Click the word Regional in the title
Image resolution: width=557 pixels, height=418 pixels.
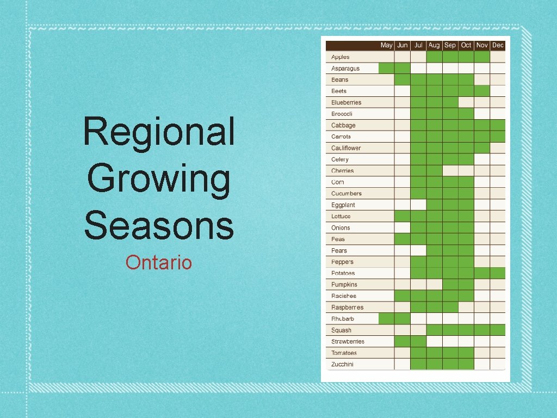click(x=159, y=132)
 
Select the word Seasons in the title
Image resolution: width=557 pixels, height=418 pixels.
click(x=159, y=225)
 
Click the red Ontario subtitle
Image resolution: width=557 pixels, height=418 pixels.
click(x=159, y=263)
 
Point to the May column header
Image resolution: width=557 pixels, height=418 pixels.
click(x=386, y=45)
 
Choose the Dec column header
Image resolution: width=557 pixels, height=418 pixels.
click(x=498, y=45)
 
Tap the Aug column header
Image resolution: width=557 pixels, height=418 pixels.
click(x=434, y=45)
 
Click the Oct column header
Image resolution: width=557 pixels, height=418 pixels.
click(x=466, y=45)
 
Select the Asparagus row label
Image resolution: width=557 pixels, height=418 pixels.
click(x=345, y=69)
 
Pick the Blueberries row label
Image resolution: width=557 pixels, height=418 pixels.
click(x=346, y=102)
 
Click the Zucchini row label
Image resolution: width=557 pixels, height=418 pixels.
click(x=342, y=364)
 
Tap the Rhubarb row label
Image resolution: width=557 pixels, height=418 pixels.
click(x=342, y=318)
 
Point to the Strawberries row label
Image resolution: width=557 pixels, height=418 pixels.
click(x=348, y=341)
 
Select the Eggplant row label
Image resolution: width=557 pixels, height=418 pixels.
click(x=343, y=205)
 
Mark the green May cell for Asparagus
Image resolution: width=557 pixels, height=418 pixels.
click(x=386, y=68)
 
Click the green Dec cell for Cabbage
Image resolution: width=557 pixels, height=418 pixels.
click(x=498, y=125)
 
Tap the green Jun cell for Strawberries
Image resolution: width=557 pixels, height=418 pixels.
click(x=402, y=341)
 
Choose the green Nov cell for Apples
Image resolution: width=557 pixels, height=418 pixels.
click(x=482, y=57)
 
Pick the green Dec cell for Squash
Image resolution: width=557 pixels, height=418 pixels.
click(x=498, y=330)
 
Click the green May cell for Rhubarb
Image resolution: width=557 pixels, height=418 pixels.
click(x=386, y=318)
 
